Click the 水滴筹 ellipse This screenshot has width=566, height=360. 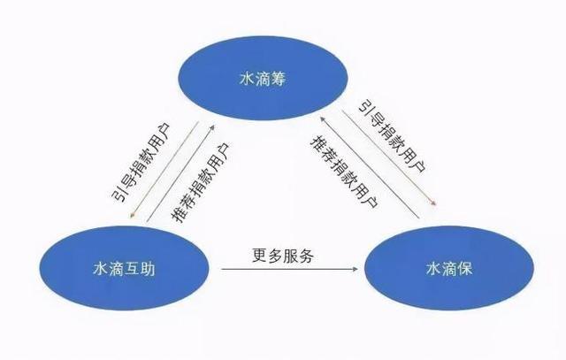pyautogui.click(x=264, y=78)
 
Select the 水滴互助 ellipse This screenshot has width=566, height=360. pyautogui.click(x=124, y=268)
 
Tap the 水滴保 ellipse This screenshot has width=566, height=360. pyautogui.click(x=449, y=268)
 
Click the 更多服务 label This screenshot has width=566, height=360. pyautogui.click(x=283, y=256)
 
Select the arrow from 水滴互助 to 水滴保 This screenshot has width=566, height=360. pyautogui.click(x=289, y=269)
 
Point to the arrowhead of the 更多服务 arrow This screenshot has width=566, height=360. pyautogui.click(x=356, y=269)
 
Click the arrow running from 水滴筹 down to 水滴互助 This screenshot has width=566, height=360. pyautogui.click(x=164, y=170)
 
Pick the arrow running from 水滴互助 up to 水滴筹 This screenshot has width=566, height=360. pyautogui.click(x=180, y=173)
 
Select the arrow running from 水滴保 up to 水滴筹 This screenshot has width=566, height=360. pyautogui.click(x=370, y=167)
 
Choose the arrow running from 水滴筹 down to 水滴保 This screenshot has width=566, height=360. pyautogui.click(x=389, y=158)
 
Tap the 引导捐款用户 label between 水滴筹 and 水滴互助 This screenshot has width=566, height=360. pyautogui.click(x=141, y=163)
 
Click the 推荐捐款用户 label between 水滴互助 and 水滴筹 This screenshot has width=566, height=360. pyautogui.click(x=200, y=182)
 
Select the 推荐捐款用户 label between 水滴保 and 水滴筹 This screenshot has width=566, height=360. pyautogui.click(x=344, y=172)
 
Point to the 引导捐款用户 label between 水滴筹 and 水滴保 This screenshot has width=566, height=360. pyautogui.click(x=393, y=135)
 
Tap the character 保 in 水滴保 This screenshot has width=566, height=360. pyautogui.click(x=464, y=269)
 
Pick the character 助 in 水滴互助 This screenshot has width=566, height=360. pyautogui.click(x=148, y=269)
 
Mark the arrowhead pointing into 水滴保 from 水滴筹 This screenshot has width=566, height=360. pyautogui.click(x=434, y=203)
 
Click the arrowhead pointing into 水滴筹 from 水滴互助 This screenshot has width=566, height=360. pyautogui.click(x=212, y=128)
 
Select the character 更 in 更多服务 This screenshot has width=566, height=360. pyautogui.click(x=259, y=256)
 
